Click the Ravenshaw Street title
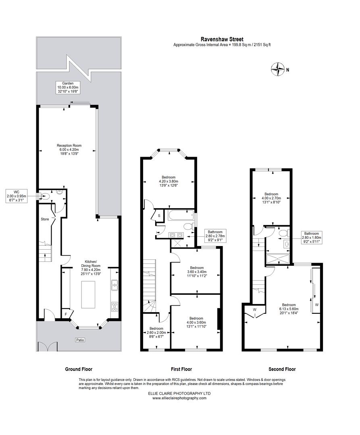coord(222,39)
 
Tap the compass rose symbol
coord(278,69)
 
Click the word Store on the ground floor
coord(45,219)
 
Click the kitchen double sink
coord(114,285)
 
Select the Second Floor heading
coord(282,369)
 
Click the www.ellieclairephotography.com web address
coord(179,398)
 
